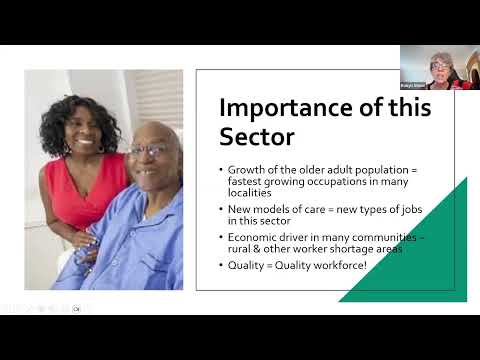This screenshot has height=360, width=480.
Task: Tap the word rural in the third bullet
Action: point(245,248)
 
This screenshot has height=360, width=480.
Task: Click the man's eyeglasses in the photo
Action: point(148,151)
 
